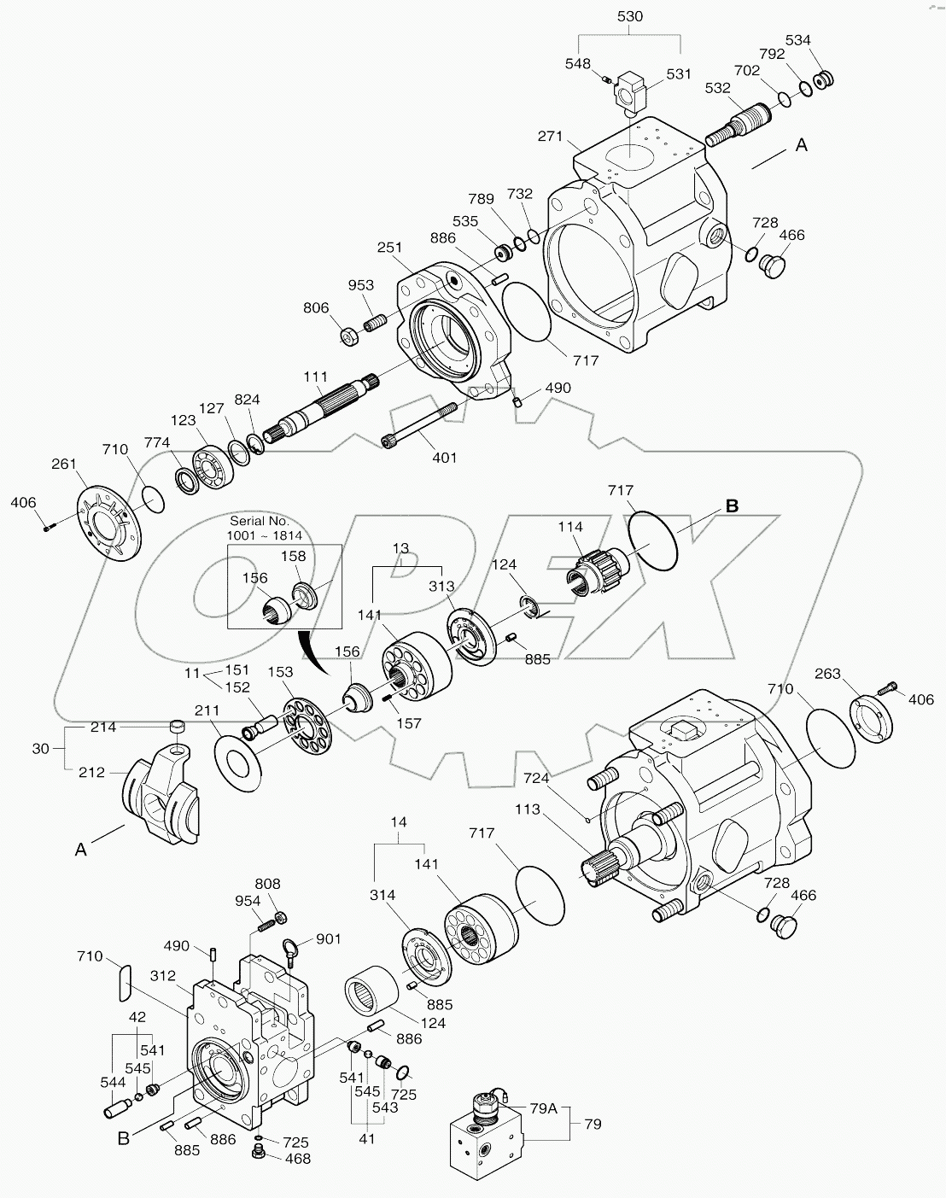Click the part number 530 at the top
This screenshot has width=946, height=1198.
point(629,16)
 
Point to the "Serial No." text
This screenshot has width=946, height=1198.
point(259,520)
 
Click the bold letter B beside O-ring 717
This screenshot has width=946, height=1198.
point(732,505)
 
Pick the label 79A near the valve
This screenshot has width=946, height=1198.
point(543,1109)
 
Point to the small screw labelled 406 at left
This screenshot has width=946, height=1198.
point(49,527)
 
